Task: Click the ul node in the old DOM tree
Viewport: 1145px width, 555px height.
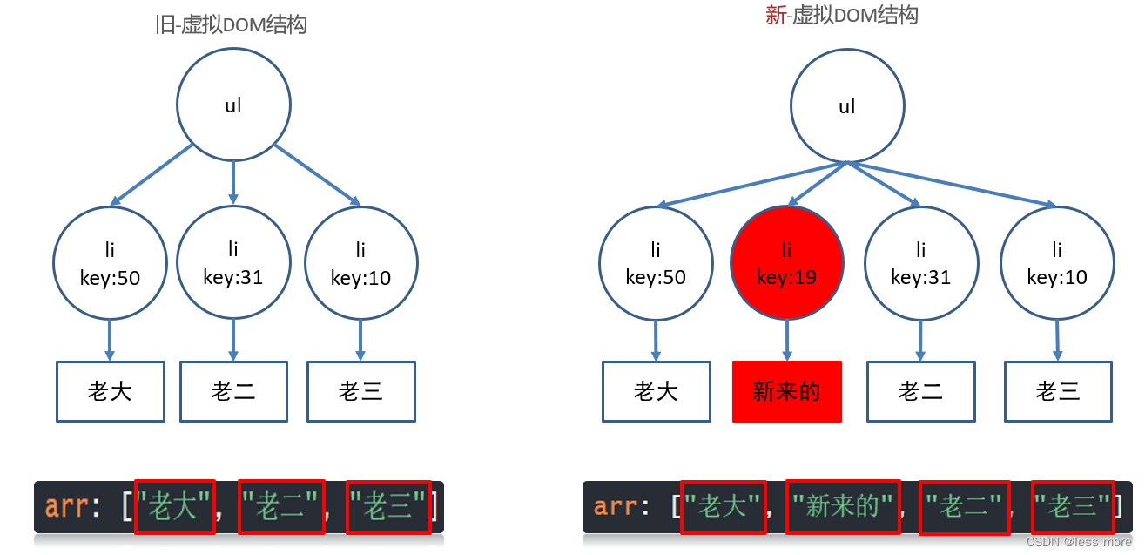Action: point(233,106)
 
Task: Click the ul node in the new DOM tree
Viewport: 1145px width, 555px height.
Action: point(846,106)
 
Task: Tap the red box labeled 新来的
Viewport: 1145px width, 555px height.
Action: point(787,391)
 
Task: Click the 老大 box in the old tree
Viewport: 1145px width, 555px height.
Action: point(110,391)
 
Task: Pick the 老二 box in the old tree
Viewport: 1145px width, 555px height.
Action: point(233,391)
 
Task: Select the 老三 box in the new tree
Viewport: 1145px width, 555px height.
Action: point(1058,391)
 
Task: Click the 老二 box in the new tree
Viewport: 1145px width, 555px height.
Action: point(920,391)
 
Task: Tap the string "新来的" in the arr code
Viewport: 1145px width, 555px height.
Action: point(842,506)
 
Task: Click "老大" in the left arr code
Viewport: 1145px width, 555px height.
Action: point(174,506)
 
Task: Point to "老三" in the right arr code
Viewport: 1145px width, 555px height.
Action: point(1072,506)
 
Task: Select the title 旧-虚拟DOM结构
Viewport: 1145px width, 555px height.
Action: point(231,24)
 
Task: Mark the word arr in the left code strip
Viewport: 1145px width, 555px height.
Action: point(64,506)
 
